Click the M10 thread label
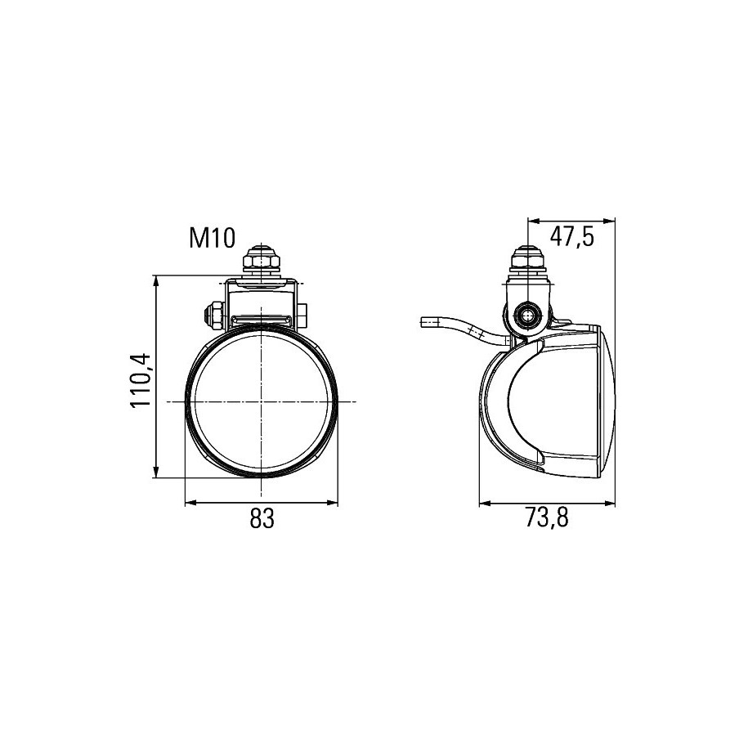213,238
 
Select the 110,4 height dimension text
141,380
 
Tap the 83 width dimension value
262,518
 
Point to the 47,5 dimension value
572,236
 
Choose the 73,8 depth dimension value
547,517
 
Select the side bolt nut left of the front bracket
213,316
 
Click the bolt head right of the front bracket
302,316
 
